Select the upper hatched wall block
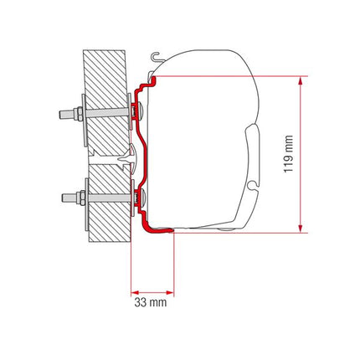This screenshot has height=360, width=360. click(105, 92)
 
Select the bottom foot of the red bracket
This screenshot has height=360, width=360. click(159, 229)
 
